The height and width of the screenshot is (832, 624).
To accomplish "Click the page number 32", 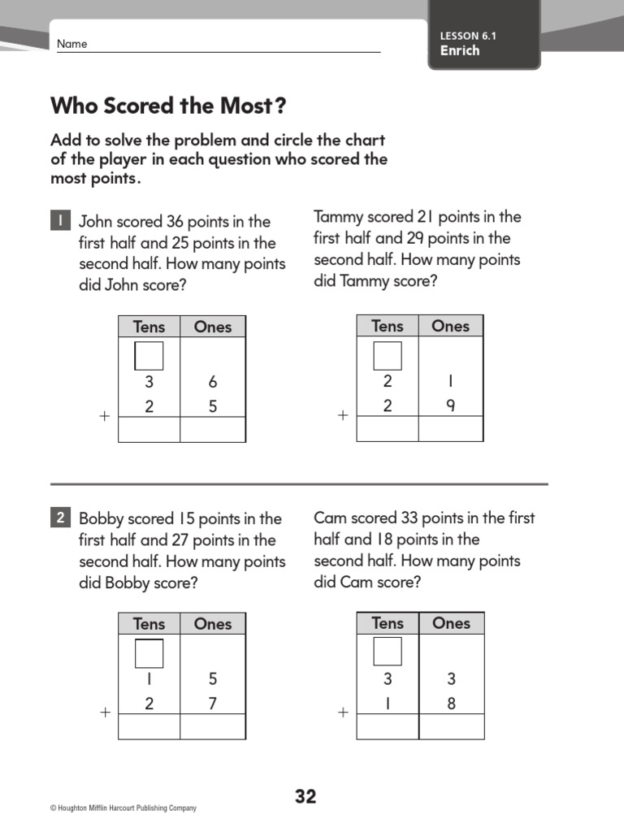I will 305,796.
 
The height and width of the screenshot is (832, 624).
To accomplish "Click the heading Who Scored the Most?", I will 169,106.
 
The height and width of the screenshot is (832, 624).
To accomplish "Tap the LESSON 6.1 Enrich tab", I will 483,43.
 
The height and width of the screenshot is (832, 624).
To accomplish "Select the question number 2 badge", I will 60,518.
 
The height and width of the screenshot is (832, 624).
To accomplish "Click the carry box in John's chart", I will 149,356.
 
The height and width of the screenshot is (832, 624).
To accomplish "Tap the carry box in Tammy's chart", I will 387,355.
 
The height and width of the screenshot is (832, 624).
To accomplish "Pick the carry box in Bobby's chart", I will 149,653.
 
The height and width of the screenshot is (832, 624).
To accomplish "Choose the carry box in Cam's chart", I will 387,652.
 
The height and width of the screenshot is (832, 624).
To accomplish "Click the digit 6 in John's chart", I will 213,382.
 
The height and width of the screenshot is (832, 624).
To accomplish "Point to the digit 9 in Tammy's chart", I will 451,405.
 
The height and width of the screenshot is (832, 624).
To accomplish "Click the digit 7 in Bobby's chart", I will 213,704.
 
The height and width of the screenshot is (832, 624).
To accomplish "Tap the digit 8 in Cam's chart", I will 451,703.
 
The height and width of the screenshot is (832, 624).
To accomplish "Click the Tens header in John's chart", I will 149,327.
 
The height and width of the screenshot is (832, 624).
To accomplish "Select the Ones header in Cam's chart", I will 451,623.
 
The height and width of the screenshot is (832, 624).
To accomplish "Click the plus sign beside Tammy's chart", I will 343,415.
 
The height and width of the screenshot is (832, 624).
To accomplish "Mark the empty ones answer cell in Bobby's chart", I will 213,726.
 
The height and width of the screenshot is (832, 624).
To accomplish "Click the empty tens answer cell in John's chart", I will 149,430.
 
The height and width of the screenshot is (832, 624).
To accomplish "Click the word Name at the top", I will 71,44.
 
